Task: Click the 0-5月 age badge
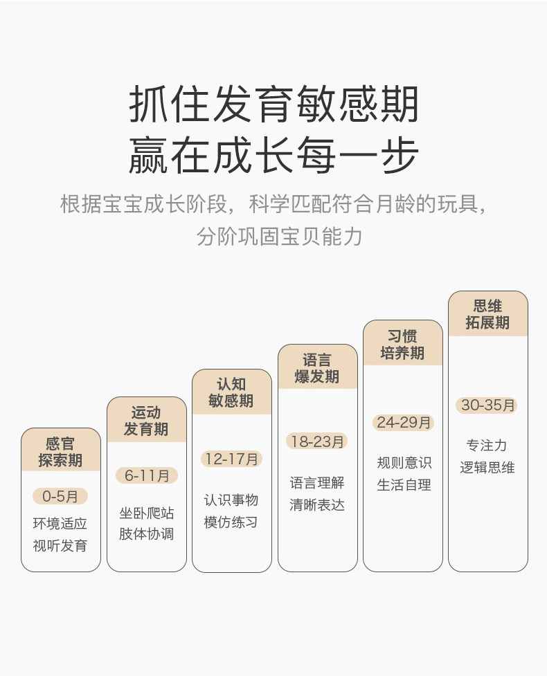tap(60, 496)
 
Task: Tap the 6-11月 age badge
tap(147, 475)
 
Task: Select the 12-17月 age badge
tap(232, 459)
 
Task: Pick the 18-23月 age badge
tap(317, 441)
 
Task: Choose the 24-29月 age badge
tap(403, 423)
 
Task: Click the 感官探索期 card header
tap(61, 450)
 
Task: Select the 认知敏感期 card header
tap(232, 392)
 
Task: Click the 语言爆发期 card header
tap(318, 367)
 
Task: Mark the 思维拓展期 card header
tap(488, 314)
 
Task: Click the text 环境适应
tap(60, 523)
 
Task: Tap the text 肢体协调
tap(147, 533)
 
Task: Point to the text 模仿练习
tap(231, 522)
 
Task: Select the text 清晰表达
tap(317, 504)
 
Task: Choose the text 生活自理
tap(404, 485)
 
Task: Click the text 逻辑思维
tap(487, 467)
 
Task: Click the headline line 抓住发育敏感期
tap(273, 104)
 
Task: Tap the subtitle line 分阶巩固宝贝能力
tap(279, 236)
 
